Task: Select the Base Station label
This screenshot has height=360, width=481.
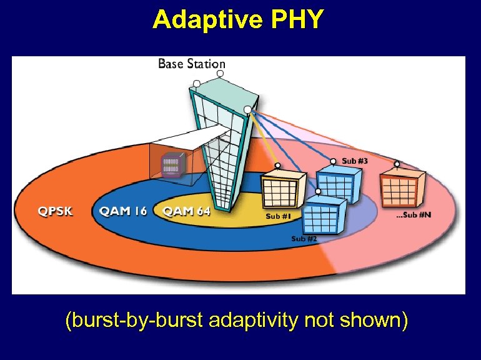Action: pos(191,64)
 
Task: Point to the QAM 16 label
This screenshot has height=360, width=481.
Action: pos(123,211)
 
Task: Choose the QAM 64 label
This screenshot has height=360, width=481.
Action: pos(186,211)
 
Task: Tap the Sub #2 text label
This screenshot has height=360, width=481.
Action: pos(304,239)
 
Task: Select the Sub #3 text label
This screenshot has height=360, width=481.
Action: pos(355,161)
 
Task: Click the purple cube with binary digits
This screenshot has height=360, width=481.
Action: pos(171,165)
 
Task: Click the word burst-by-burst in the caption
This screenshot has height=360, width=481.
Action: pos(134,321)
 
